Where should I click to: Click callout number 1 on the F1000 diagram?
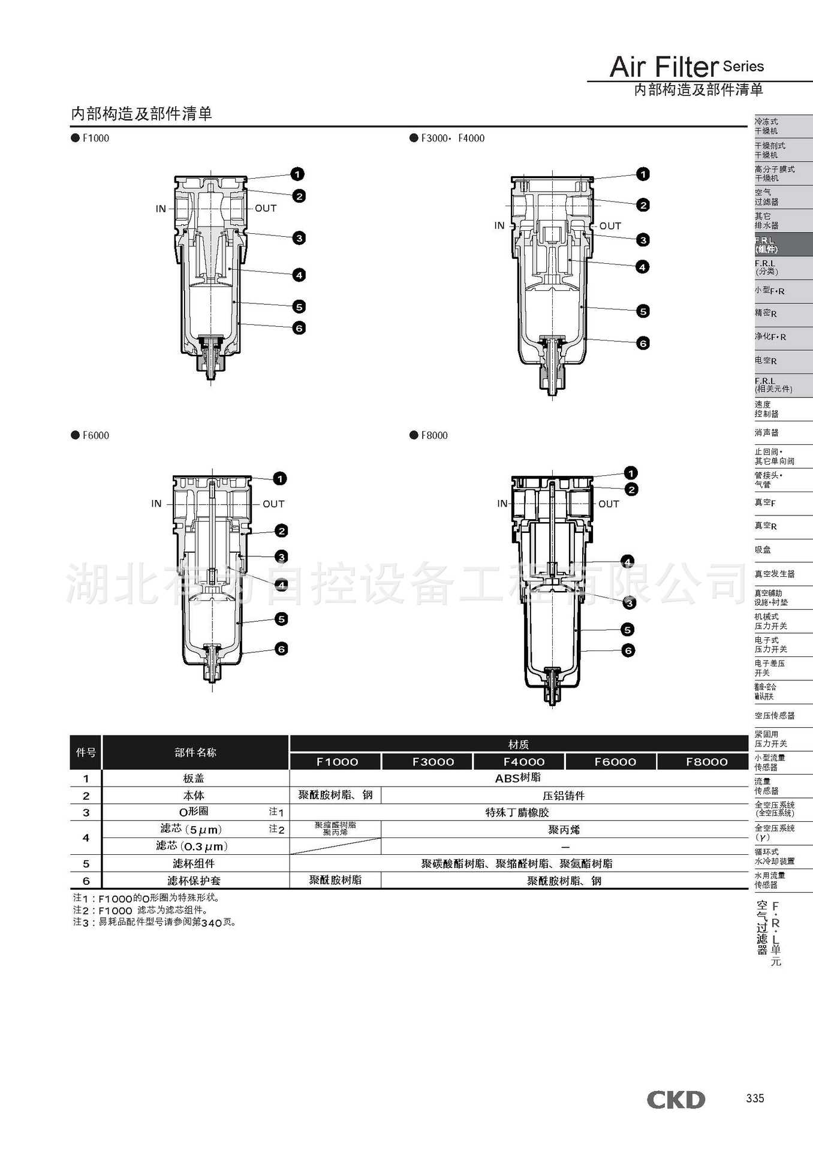[297, 174]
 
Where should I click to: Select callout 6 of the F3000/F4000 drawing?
[643, 344]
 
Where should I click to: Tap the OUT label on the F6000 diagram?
[273, 504]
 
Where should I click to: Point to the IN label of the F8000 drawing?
[502, 504]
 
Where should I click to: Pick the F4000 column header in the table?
[523, 762]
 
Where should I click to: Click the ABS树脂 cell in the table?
[518, 778]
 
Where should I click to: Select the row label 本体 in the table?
[194, 796]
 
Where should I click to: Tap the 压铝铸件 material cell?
[564, 796]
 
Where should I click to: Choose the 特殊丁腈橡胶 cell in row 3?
[517, 812]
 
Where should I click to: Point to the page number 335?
[755, 1098]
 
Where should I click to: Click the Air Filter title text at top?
[664, 67]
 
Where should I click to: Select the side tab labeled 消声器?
[767, 433]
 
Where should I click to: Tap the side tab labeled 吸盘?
[763, 550]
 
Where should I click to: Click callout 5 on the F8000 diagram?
[628, 629]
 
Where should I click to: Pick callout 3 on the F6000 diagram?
[281, 557]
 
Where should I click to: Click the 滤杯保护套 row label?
[194, 881]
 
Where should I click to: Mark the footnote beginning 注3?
[154, 922]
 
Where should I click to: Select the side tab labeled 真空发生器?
[775, 574]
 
